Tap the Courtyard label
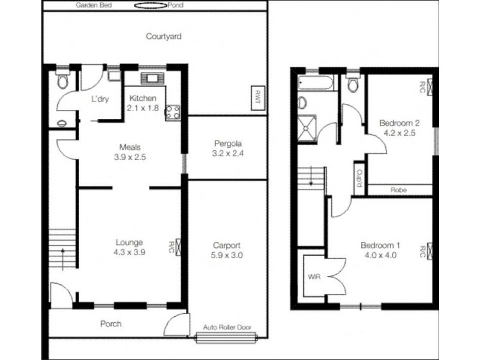pyautogui.click(x=164, y=37)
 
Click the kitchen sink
pyautogui.click(x=151, y=79)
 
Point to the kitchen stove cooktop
pyautogui.click(x=173, y=110)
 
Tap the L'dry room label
pyautogui.click(x=99, y=100)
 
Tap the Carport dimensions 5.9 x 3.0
pyautogui.click(x=227, y=255)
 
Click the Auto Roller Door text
pyautogui.click(x=227, y=328)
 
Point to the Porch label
pyautogui.click(x=110, y=324)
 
